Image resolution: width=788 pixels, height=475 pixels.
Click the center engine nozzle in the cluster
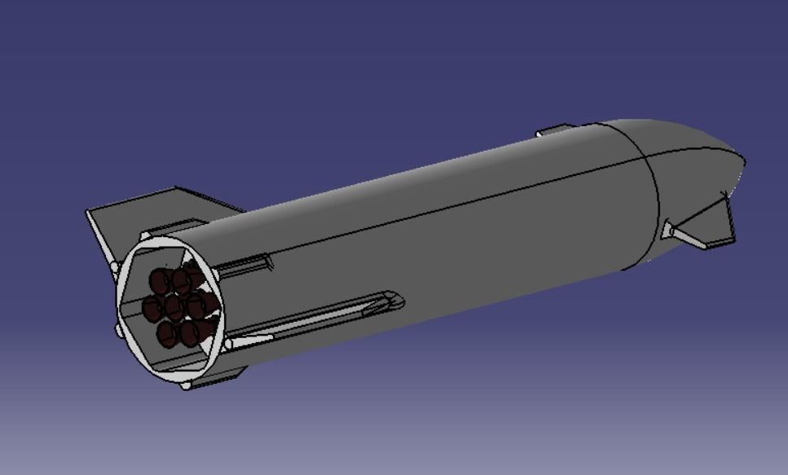(x=174, y=308)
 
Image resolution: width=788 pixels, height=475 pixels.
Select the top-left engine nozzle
(x=160, y=283)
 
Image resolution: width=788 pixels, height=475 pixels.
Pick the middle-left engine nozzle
(x=152, y=308)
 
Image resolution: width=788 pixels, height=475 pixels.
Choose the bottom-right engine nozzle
(x=191, y=331)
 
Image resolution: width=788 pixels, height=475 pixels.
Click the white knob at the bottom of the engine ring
(x=186, y=384)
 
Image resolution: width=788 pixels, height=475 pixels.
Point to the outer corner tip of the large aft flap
(x=88, y=214)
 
